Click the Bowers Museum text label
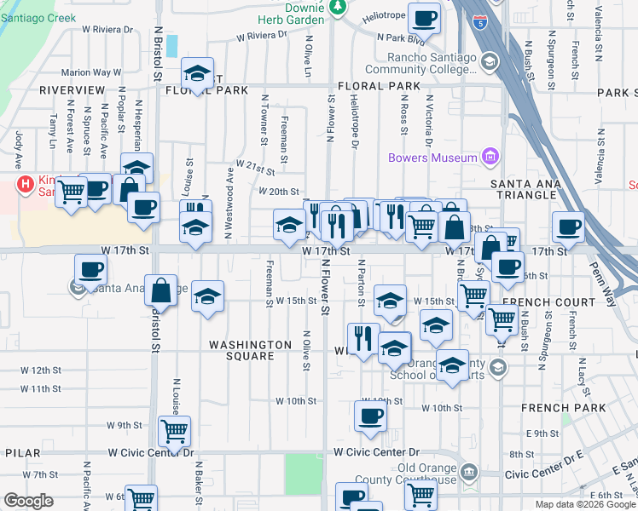point(432,158)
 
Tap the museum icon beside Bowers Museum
point(490,157)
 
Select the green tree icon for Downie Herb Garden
point(339,8)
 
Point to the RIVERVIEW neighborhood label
point(72,89)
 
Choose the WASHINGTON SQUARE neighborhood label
point(251,350)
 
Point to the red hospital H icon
point(26,182)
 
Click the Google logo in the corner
point(28,502)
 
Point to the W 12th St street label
point(42,370)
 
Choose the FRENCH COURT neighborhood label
point(548,302)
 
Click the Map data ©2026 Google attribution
point(584,504)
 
